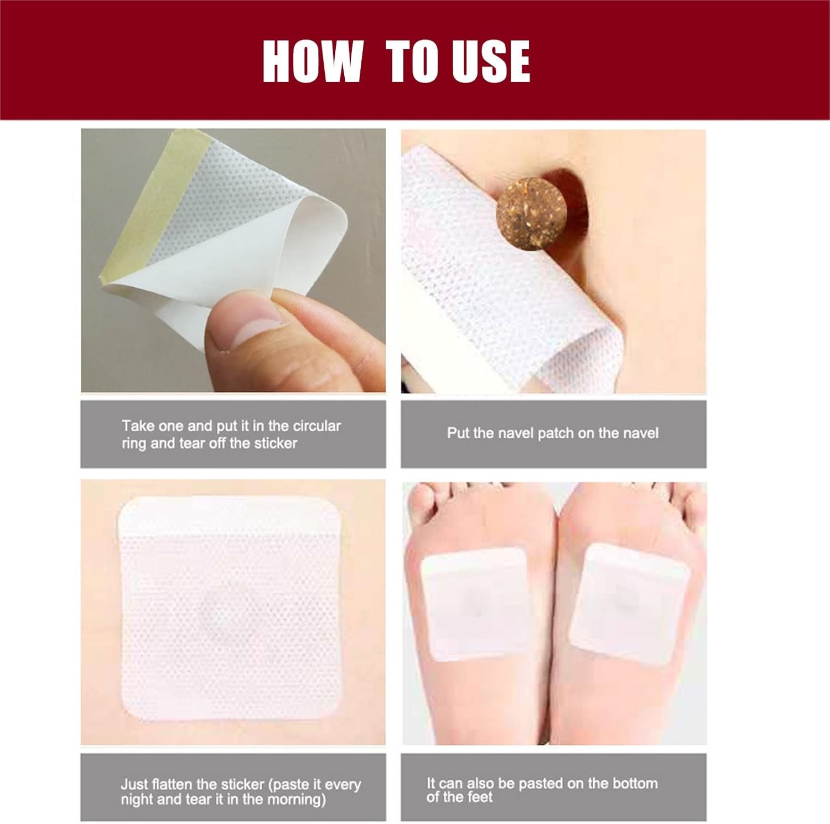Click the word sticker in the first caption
click(x=276, y=443)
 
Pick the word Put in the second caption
click(x=457, y=433)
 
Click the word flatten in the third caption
click(x=172, y=784)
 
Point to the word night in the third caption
click(x=136, y=800)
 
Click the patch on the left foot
click(x=473, y=604)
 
